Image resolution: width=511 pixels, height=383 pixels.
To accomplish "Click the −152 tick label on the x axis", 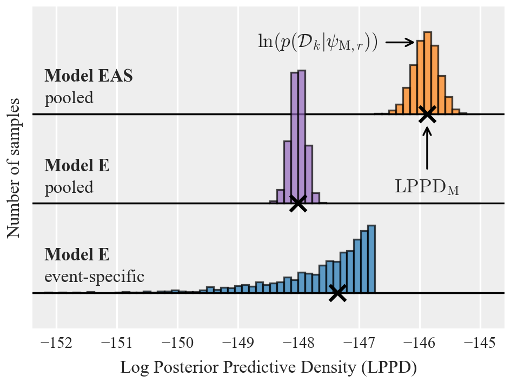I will point(56,343).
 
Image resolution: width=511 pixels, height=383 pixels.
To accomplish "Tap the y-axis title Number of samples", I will point(14,168).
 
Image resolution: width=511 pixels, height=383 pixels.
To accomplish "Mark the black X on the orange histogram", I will point(427,114).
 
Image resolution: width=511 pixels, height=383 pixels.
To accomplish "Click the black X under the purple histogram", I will point(298,204).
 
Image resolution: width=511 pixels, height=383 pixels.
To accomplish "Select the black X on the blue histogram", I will point(337,293).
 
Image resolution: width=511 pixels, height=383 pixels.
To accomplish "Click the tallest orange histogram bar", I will point(428,73).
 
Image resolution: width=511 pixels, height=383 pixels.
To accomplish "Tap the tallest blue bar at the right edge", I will point(371,259).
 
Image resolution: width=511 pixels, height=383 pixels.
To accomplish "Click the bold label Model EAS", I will point(89,76).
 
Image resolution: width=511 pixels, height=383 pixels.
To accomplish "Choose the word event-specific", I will point(94,277).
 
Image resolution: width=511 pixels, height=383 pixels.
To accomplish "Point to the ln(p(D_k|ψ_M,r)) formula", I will point(317,42).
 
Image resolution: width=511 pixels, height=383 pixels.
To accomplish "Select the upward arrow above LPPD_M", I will point(427,147).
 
